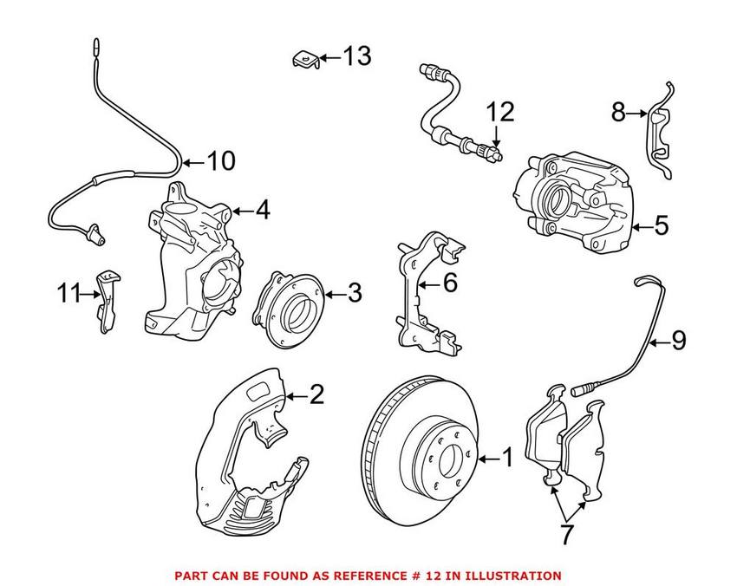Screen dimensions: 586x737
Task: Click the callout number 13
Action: point(357,57)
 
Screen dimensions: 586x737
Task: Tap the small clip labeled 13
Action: point(303,59)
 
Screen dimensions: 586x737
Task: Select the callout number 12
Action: point(499,111)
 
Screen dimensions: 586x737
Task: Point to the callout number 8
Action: point(618,112)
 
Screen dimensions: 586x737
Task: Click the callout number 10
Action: point(220,161)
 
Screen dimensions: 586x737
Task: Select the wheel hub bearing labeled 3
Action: point(288,309)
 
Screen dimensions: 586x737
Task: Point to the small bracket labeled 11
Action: point(108,299)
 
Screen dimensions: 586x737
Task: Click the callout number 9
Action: point(677,341)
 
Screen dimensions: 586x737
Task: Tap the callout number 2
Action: point(316,395)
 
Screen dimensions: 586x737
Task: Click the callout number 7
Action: point(565,535)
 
